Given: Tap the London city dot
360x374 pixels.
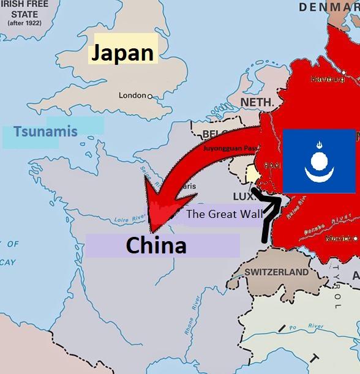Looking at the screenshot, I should (149, 96).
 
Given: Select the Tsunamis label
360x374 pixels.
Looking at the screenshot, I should (45, 131).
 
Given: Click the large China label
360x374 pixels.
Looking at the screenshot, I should (156, 245).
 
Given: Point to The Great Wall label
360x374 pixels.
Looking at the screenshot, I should (224, 214).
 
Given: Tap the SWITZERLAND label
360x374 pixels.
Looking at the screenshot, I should (277, 272).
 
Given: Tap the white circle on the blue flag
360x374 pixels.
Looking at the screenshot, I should (318, 162).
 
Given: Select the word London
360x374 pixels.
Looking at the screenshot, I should (132, 96).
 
